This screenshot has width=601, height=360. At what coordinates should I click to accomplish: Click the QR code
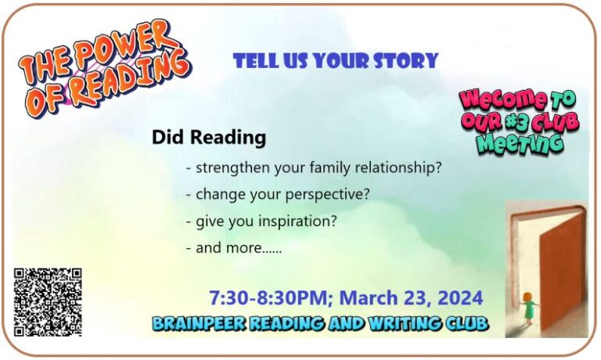pyautogui.click(x=48, y=301)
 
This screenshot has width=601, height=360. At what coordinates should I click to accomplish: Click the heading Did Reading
pyautogui.click(x=209, y=139)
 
